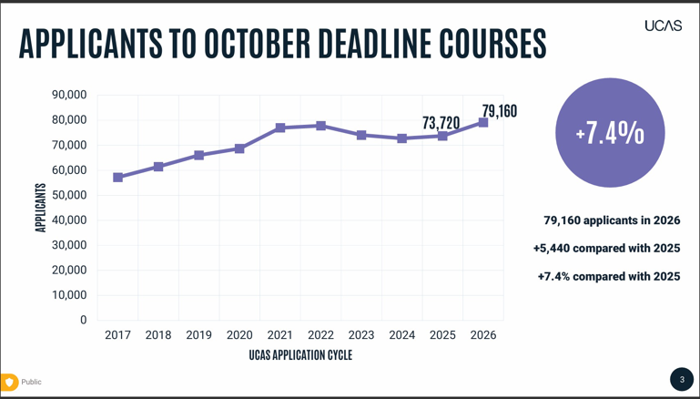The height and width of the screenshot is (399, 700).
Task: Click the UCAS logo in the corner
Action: [663, 26]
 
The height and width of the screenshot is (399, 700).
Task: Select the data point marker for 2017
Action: [118, 178]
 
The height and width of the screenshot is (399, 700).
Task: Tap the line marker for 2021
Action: [280, 128]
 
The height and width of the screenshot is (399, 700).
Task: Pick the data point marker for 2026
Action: [483, 122]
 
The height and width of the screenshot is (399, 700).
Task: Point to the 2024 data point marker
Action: [402, 138]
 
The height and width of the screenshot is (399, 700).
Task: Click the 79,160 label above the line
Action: [499, 111]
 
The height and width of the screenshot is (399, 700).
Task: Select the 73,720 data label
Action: [441, 122]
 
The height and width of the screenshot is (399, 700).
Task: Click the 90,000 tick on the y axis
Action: [69, 95]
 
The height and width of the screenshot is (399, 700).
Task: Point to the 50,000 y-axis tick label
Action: [69, 195]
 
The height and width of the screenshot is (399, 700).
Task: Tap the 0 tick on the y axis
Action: [83, 320]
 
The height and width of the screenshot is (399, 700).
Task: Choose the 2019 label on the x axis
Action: [198, 335]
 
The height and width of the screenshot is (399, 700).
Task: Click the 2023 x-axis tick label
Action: [361, 335]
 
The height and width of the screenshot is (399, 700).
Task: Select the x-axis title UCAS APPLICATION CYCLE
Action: [300, 355]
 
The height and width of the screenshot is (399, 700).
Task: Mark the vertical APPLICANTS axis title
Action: [41, 208]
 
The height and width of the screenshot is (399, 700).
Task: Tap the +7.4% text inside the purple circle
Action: [610, 133]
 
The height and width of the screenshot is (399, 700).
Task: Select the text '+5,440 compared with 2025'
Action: [606, 248]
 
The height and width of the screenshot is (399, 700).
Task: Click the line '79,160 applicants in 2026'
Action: [612, 220]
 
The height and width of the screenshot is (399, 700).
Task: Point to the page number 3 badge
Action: [682, 379]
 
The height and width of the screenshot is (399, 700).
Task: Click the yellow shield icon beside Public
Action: [9, 383]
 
